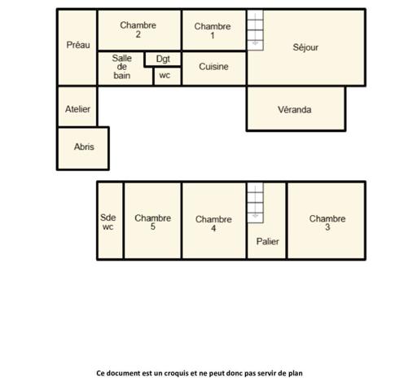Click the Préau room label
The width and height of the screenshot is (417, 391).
click(77, 45)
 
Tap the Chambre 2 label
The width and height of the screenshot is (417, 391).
click(138, 30)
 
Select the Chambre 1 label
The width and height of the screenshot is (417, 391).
click(212, 31)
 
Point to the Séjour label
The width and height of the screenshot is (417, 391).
click(305, 47)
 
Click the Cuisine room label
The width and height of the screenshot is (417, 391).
click(213, 67)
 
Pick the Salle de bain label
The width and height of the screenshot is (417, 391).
click(122, 67)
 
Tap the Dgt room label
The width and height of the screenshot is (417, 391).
click(163, 59)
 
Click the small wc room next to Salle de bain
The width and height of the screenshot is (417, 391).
click(165, 76)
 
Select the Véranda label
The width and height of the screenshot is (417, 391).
click(295, 109)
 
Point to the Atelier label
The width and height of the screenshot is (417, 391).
click(77, 108)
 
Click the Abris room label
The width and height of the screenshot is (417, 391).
click(84, 147)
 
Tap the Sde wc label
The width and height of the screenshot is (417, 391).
click(108, 222)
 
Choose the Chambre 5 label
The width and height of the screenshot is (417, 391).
click(152, 222)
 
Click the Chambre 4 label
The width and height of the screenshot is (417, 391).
click(213, 224)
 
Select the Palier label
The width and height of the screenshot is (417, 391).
click(268, 241)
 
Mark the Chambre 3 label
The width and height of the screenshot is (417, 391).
click(327, 222)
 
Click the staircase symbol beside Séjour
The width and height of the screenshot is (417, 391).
click(256, 29)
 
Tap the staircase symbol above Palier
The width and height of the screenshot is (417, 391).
click(256, 202)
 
